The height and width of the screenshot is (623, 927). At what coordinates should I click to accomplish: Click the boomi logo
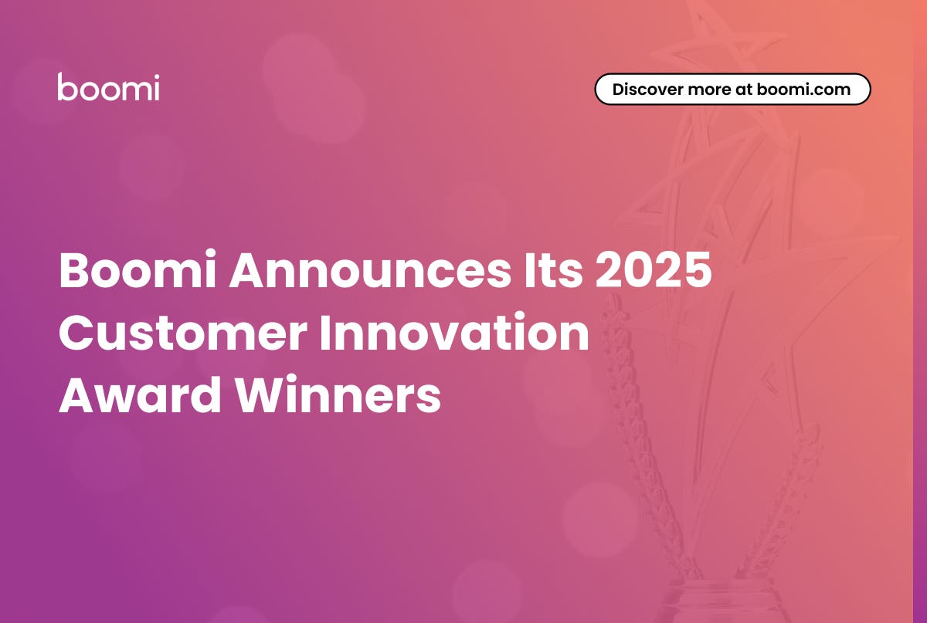[108, 86]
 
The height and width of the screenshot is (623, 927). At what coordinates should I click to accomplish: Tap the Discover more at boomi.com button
[732, 89]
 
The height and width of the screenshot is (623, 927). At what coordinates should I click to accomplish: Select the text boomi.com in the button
[803, 89]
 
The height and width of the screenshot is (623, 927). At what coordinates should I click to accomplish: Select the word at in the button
[742, 89]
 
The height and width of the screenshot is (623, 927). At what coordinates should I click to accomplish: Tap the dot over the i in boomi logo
[155, 76]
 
